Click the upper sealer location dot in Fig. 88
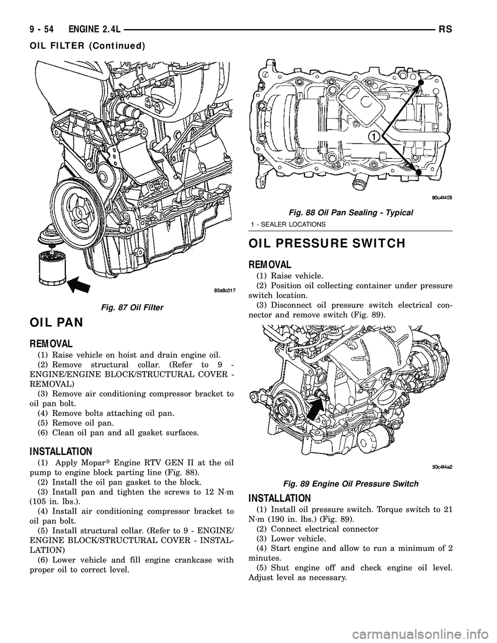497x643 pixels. [x=421, y=82]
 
